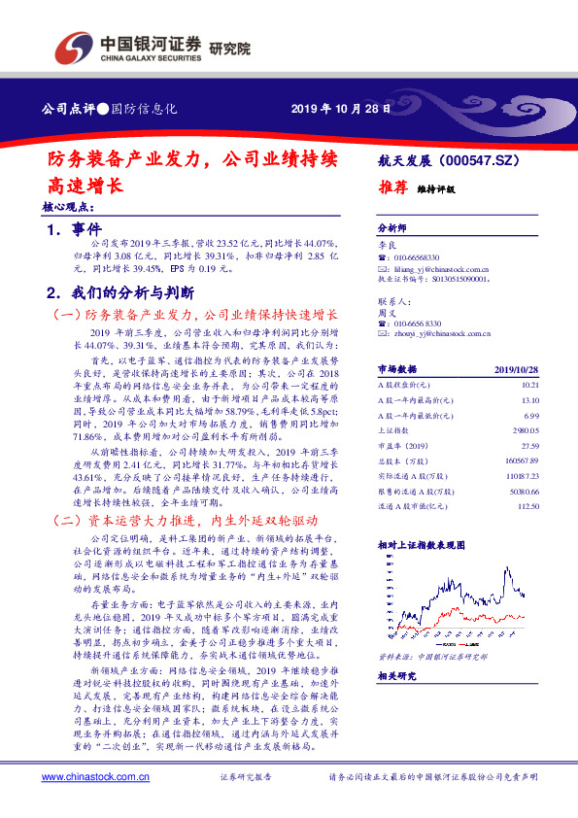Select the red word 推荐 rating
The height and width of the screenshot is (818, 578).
pyautogui.click(x=392, y=190)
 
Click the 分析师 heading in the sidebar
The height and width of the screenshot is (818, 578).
pyautogui.click(x=391, y=228)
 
